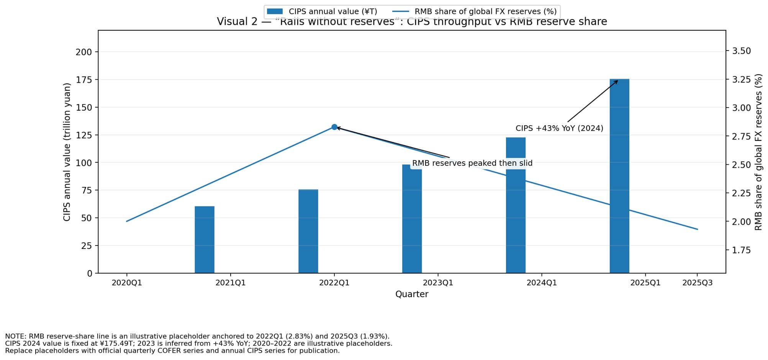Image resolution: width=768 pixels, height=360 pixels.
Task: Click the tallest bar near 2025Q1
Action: pos(619,176)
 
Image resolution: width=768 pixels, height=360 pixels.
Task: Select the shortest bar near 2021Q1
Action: pos(205,240)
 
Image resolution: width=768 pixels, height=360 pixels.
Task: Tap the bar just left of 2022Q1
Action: pos(308,231)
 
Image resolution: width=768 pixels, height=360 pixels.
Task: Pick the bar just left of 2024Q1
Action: pos(516,205)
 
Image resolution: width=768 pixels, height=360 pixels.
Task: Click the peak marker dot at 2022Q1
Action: pos(334,127)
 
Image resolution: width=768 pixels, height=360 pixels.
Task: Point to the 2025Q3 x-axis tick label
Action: pos(698,283)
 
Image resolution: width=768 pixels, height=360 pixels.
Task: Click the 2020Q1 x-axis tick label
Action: pos(127,283)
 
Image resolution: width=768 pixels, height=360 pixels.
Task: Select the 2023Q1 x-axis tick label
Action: pos(438,283)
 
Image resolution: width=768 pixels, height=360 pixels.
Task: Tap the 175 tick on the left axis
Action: pos(84,80)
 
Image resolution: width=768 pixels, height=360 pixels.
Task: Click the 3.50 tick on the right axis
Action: pos(741,51)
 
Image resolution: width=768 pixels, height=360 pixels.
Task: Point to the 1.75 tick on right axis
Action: pos(741,250)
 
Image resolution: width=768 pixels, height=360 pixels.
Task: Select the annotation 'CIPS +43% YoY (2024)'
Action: pos(559,128)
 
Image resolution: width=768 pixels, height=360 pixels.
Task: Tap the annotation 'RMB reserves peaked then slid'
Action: pos(472,163)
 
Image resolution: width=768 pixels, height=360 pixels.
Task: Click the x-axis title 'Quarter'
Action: pos(412,294)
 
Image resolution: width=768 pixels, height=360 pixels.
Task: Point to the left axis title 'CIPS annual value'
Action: pos(67,152)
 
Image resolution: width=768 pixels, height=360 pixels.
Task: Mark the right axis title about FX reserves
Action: pos(758,152)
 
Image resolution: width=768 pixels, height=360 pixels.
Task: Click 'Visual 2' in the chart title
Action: pos(237,22)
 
